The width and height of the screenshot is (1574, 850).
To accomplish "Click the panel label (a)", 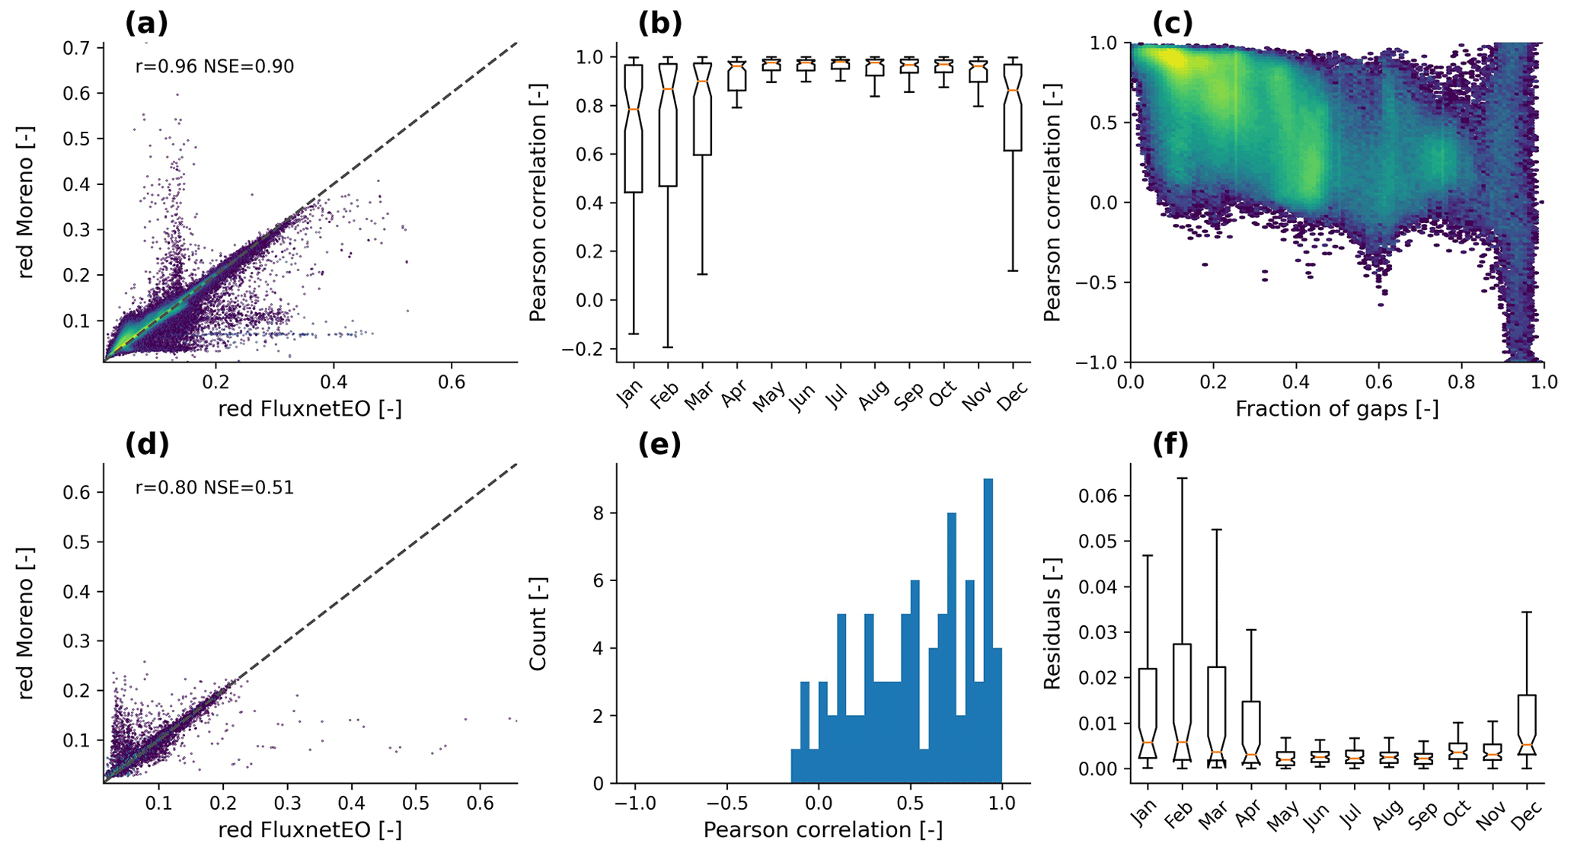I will click(146, 24).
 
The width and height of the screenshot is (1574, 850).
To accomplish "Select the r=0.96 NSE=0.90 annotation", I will click(214, 66).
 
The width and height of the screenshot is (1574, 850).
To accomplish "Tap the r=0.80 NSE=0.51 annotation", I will click(214, 487).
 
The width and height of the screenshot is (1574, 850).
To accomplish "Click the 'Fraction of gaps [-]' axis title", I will click(1336, 409).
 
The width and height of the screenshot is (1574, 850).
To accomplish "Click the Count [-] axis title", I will click(538, 624).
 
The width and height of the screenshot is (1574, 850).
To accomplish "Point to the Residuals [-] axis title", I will click(1052, 624).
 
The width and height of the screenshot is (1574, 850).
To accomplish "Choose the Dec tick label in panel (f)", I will click(1527, 817).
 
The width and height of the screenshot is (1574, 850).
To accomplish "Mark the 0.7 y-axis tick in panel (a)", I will click(78, 48).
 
